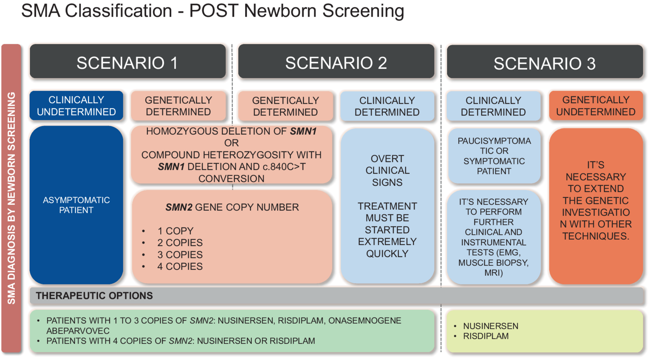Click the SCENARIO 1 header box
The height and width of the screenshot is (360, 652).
point(127,62)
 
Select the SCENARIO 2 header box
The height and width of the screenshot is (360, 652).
point(336,62)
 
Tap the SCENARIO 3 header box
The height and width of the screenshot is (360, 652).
point(545,63)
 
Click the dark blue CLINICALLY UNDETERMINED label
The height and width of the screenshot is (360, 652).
point(76,106)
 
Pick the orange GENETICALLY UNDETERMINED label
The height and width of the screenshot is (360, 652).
point(596,106)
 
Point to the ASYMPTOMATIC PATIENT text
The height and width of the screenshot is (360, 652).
point(76,205)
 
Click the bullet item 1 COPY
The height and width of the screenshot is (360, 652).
point(175,231)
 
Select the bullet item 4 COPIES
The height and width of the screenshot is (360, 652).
point(180,266)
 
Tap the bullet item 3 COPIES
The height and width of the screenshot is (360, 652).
point(180,255)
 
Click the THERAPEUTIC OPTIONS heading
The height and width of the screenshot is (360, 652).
point(94,296)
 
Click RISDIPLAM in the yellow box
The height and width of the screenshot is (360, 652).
point(485,336)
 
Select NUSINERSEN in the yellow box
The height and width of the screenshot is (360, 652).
point(491,326)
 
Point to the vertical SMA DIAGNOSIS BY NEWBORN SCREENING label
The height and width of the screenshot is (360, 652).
point(11,198)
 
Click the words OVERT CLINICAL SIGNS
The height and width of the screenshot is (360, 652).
point(387,170)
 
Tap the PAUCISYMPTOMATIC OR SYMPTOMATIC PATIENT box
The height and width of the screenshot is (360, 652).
point(494,156)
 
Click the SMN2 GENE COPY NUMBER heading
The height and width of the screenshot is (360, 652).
point(232,207)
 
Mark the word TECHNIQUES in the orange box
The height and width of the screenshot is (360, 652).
point(596,236)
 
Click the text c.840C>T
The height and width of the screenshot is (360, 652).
point(284,167)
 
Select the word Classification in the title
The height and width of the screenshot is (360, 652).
point(119,11)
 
